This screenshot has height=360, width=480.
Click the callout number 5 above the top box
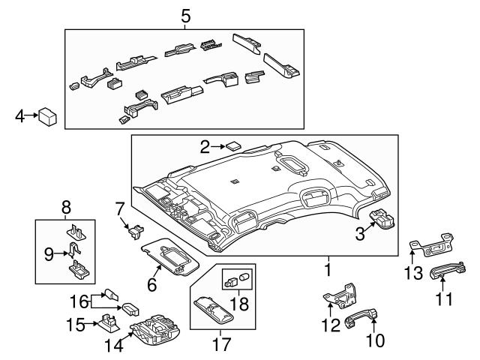185,14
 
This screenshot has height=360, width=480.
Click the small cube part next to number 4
49,115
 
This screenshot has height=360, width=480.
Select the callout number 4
20,115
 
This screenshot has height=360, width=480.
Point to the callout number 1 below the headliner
328,267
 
